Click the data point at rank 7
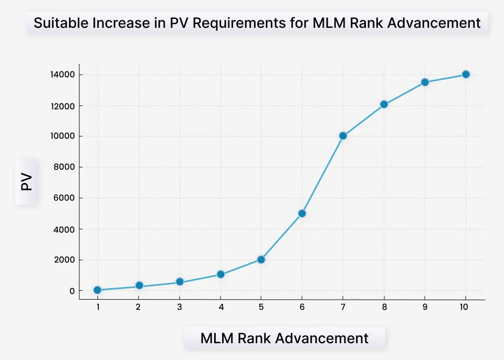coord(343,135)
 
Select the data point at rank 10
coord(465,75)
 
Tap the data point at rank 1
coord(97,290)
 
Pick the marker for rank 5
coord(261,259)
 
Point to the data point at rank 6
coord(302,214)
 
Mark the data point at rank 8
coord(384,104)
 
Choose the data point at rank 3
coord(180,282)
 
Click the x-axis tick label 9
coord(424,308)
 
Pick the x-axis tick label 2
coord(138,308)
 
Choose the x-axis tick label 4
coord(220,308)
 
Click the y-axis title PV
coord(26,182)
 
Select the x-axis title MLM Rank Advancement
coord(284,338)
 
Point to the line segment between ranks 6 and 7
coord(322,175)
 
